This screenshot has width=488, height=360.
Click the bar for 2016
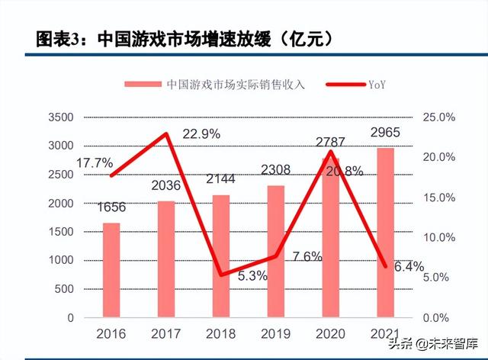[111, 270]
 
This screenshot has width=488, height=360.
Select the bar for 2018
[220, 256]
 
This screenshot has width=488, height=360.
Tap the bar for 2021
[386, 233]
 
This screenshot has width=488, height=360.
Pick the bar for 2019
[275, 251]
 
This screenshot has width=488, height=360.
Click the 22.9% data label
[201, 134]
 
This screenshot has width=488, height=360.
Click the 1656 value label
[111, 207]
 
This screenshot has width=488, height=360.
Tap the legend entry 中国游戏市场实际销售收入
[214, 84]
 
